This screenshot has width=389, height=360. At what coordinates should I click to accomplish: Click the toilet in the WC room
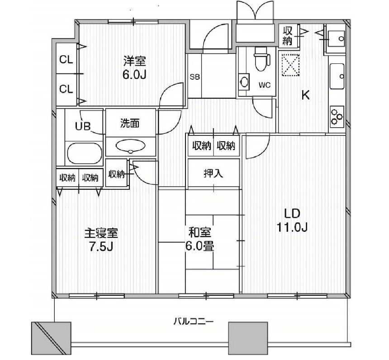pos(261,60)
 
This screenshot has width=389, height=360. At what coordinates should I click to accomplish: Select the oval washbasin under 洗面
pos(131,145)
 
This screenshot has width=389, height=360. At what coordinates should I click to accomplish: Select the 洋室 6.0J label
pos(135,67)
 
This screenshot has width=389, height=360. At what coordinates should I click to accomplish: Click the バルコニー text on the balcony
pos(193,322)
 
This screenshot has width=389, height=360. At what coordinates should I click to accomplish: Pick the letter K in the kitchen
pos(306,95)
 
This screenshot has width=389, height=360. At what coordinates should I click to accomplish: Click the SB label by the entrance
pos(195,77)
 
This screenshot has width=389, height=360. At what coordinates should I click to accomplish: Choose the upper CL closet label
pos(66,60)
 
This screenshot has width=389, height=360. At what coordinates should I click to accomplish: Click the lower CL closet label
pos(66,89)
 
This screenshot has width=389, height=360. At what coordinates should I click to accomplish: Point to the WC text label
pos(265,86)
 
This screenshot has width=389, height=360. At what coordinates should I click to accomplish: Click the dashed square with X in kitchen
pos(290,64)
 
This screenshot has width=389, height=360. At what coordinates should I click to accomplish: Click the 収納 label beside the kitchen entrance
pos(288,36)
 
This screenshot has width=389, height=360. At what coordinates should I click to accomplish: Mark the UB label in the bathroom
pos(83,126)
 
